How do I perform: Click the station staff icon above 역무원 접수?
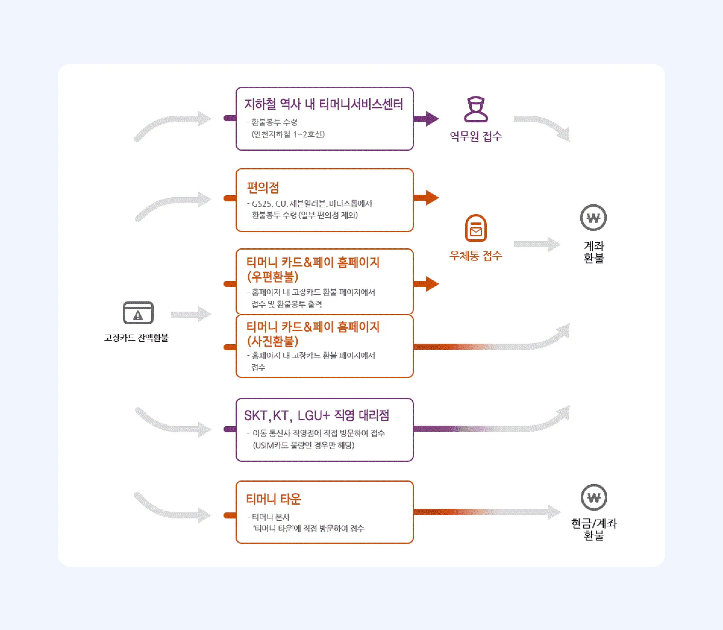click(476, 109)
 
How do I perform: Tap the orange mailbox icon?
click(476, 228)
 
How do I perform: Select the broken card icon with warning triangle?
click(138, 313)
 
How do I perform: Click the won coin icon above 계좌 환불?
click(593, 218)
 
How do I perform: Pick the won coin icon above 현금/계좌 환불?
click(594, 497)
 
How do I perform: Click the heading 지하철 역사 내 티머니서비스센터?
click(324, 104)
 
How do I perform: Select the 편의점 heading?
click(263, 187)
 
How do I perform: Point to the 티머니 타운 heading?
click(273, 499)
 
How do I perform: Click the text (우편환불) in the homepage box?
click(273, 277)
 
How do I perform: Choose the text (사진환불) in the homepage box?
click(273, 341)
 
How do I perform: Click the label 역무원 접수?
click(476, 136)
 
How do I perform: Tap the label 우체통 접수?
click(476, 256)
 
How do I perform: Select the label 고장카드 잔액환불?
click(136, 338)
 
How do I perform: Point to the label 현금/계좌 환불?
click(594, 529)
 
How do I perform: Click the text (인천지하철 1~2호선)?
click(288, 134)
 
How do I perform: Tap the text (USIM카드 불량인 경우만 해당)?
click(304, 446)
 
